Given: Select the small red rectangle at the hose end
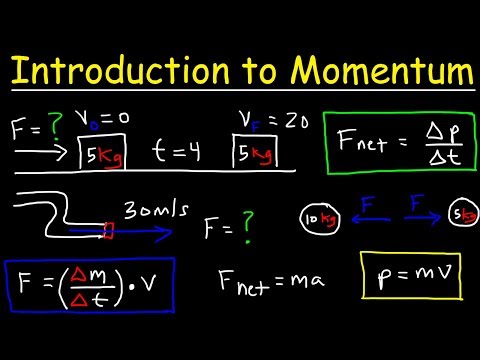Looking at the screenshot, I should pos(109,232).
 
